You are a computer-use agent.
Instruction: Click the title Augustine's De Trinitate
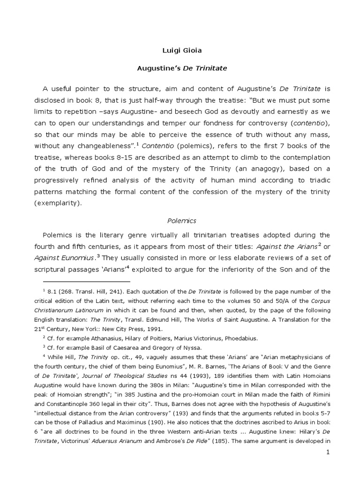tap(181, 68)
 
